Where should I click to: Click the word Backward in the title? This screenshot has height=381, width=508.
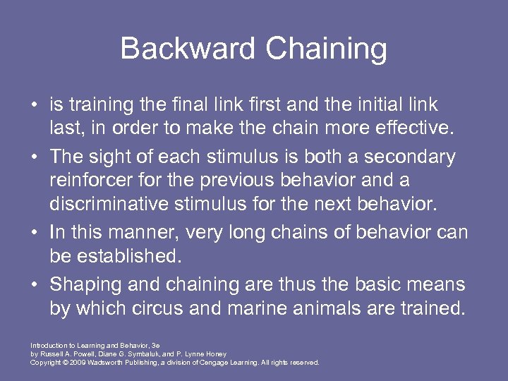click(186, 49)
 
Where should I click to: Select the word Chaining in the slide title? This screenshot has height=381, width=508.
click(326, 49)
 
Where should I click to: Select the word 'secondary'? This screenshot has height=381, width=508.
click(411, 156)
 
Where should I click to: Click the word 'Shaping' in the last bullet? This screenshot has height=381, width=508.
click(83, 284)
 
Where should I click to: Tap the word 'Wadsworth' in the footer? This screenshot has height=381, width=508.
click(105, 362)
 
